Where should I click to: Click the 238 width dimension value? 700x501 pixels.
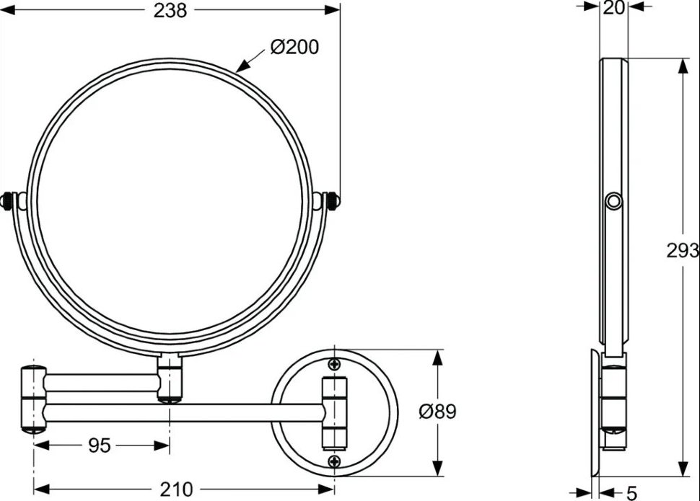click(170, 11)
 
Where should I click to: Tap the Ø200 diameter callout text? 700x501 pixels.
click(294, 47)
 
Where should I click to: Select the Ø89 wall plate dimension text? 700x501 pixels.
click(437, 412)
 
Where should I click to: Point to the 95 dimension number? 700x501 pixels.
click(99, 445)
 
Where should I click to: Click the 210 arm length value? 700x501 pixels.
click(176, 489)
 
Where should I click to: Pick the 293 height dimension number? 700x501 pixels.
click(683, 251)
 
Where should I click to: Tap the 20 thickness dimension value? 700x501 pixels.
click(613, 8)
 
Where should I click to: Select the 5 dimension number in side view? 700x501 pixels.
click(631, 493)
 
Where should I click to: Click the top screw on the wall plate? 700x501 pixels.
click(334, 364)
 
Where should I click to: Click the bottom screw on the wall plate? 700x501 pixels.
click(334, 461)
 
